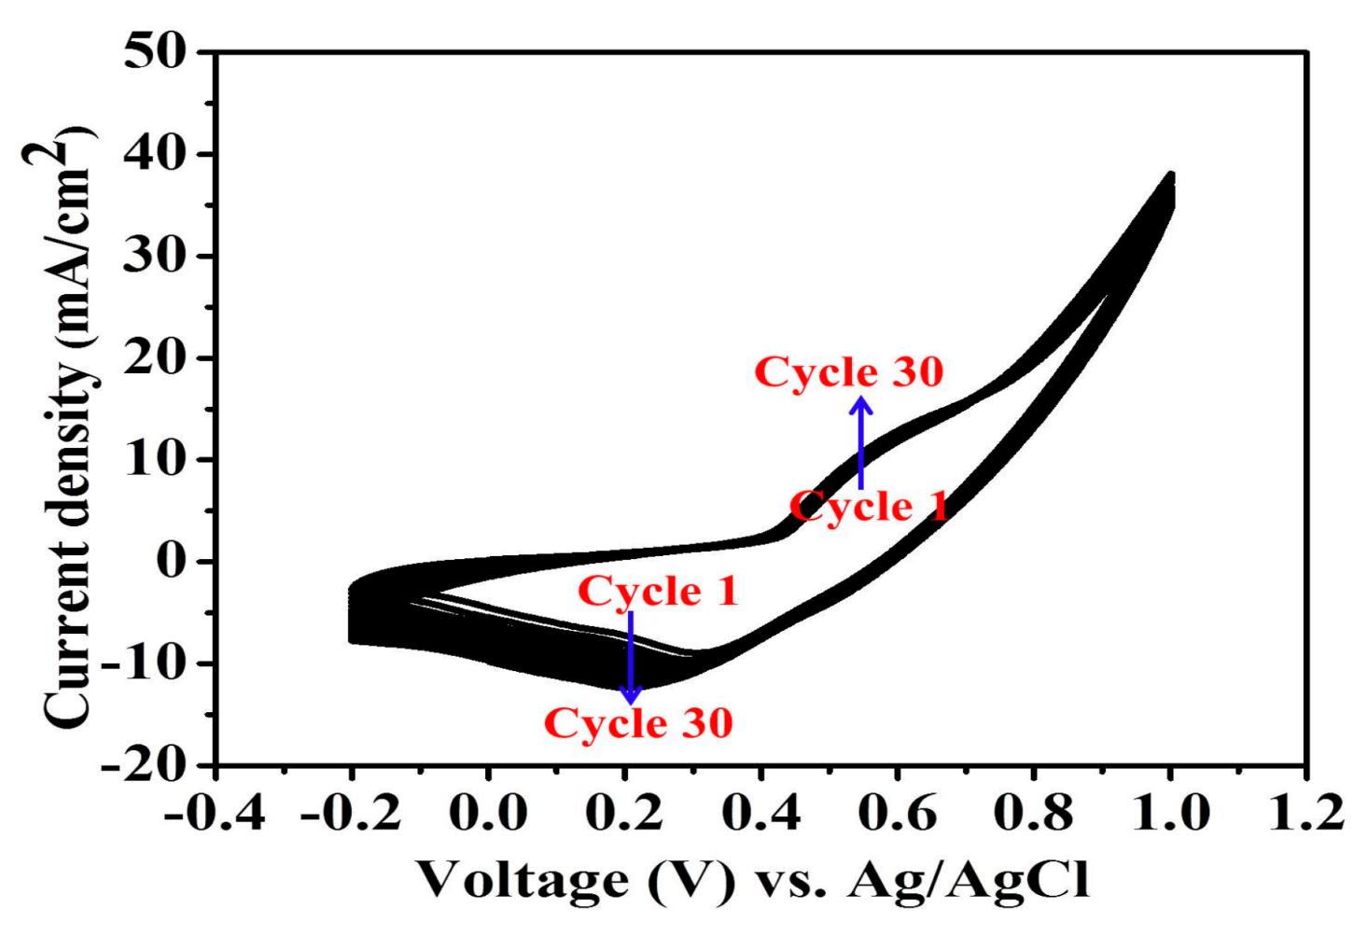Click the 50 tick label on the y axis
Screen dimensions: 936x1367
tap(156, 52)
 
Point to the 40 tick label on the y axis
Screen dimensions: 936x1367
tap(156, 154)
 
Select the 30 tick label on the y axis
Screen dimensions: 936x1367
tap(156, 256)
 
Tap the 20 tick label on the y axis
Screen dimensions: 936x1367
tap(156, 357)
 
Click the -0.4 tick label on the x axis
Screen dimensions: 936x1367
tap(215, 813)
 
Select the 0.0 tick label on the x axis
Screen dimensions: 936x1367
tap(488, 813)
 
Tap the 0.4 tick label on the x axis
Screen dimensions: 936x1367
tap(761, 813)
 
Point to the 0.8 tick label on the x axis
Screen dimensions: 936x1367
tap(1034, 813)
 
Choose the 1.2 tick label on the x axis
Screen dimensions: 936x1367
tap(1306, 813)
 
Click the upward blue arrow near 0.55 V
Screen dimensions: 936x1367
tap(860, 442)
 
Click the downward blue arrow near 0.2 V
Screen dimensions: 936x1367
tap(631, 658)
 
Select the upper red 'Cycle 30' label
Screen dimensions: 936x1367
tap(849, 371)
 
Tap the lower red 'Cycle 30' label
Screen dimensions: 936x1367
tap(638, 723)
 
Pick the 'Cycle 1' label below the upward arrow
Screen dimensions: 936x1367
tap(869, 507)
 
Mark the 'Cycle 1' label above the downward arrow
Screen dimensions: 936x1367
tap(658, 591)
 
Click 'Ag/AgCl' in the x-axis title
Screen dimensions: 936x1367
tap(968, 880)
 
